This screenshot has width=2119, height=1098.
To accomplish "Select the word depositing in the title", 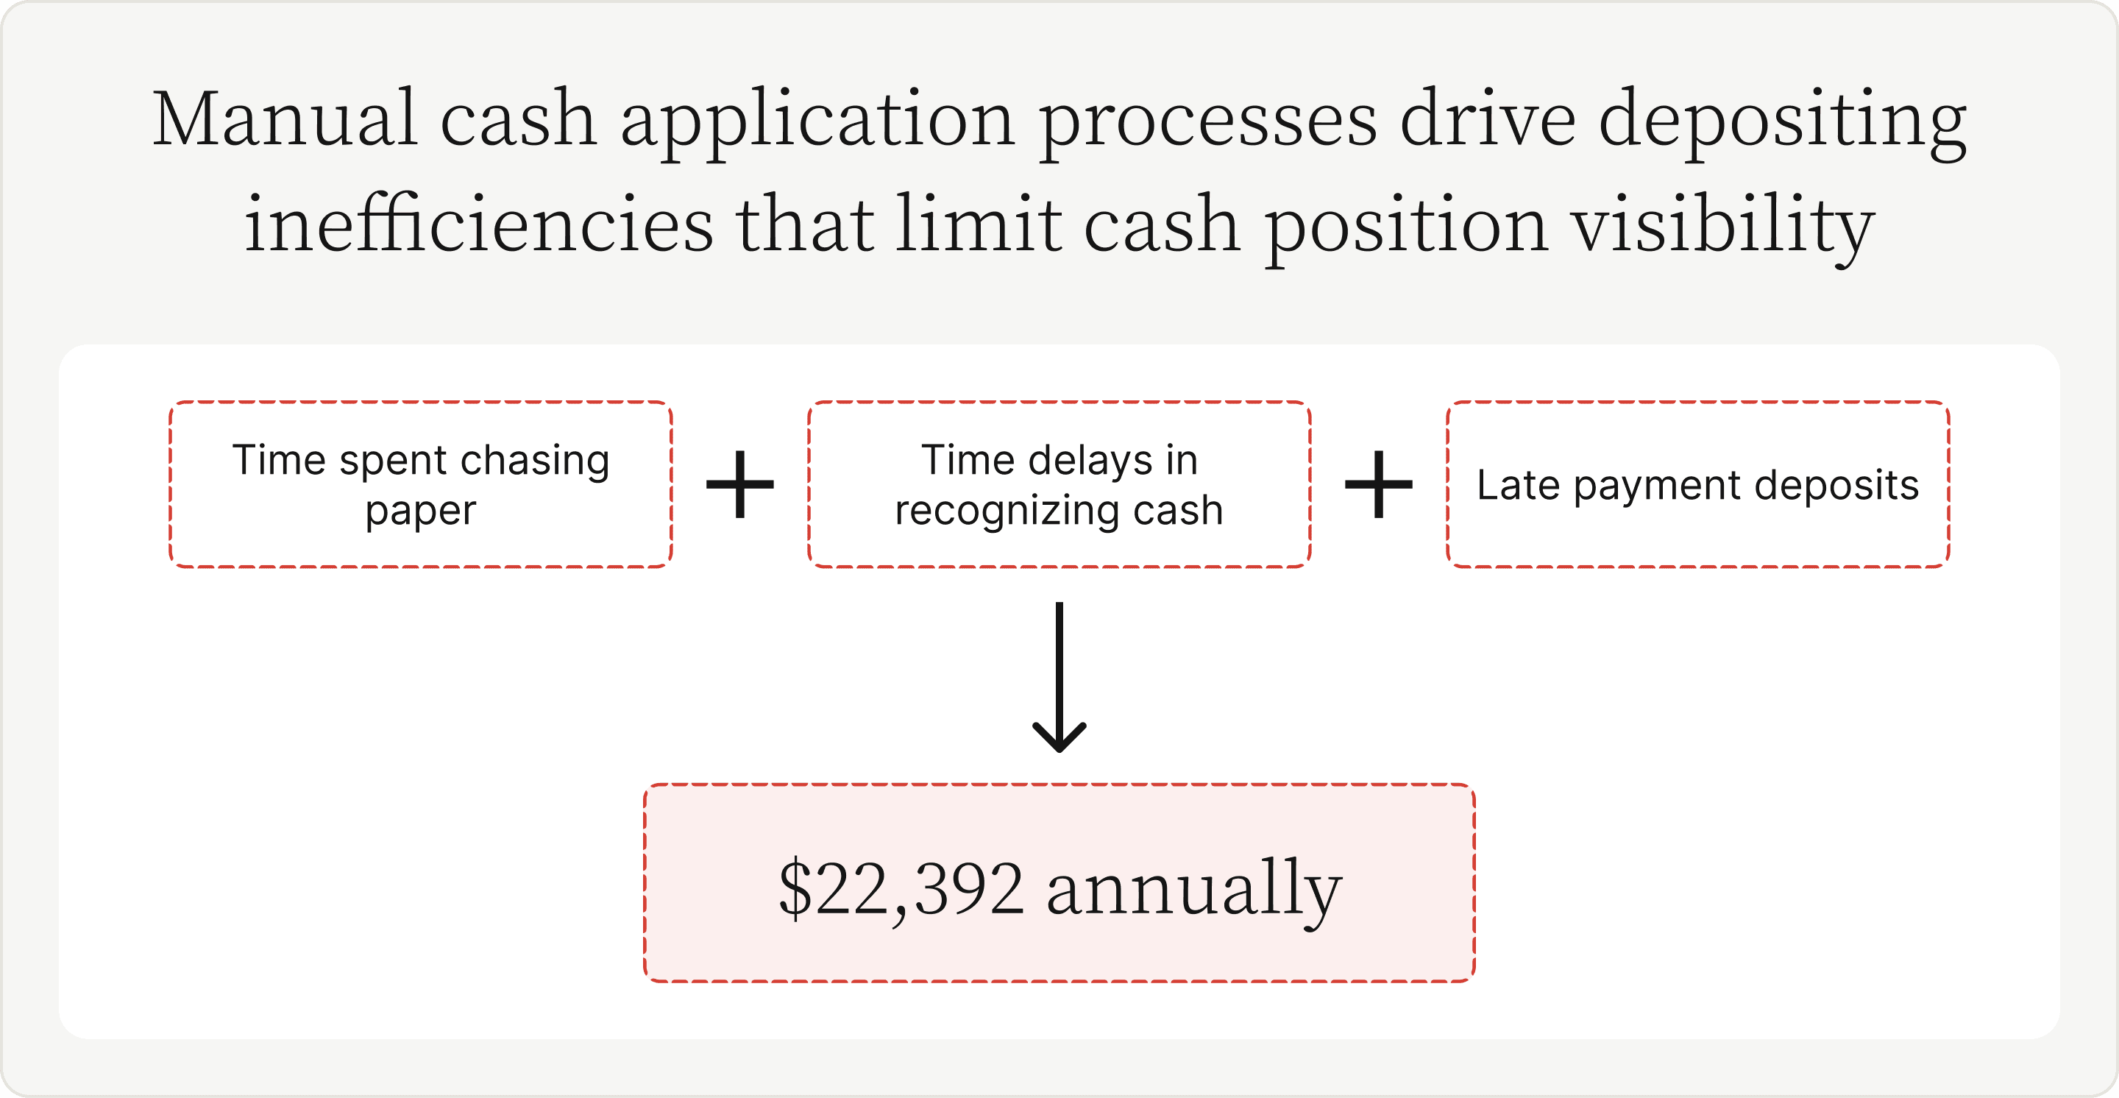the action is (x=1783, y=124).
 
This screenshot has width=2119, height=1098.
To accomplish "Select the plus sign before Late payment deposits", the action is (x=1379, y=484).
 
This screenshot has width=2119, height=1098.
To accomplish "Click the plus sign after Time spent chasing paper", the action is (x=740, y=484).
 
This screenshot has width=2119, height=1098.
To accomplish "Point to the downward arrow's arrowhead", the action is (x=1059, y=735).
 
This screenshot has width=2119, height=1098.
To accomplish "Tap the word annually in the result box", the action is (x=1194, y=893).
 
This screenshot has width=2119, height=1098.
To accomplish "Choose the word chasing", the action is (x=535, y=461).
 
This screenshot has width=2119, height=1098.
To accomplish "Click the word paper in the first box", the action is (x=421, y=512).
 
